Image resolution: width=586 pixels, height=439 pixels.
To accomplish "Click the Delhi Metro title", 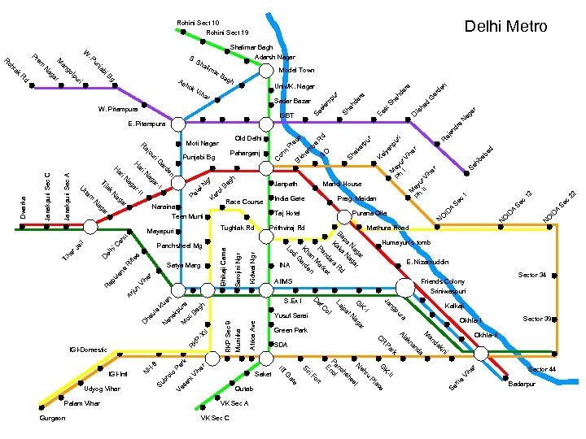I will pyautogui.click(x=505, y=27).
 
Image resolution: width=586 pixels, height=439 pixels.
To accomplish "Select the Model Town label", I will pyautogui.click(x=295, y=71).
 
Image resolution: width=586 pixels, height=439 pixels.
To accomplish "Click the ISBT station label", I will pyautogui.click(x=286, y=116).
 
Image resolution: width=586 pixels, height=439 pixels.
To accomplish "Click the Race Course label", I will pyautogui.click(x=245, y=201).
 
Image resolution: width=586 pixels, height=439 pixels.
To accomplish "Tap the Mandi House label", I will pyautogui.click(x=342, y=185).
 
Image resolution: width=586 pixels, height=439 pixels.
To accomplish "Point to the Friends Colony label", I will pyautogui.click(x=443, y=281).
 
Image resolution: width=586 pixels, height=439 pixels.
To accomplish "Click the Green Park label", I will pyautogui.click(x=291, y=330).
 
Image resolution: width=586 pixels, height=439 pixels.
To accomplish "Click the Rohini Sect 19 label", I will pyautogui.click(x=227, y=33).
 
